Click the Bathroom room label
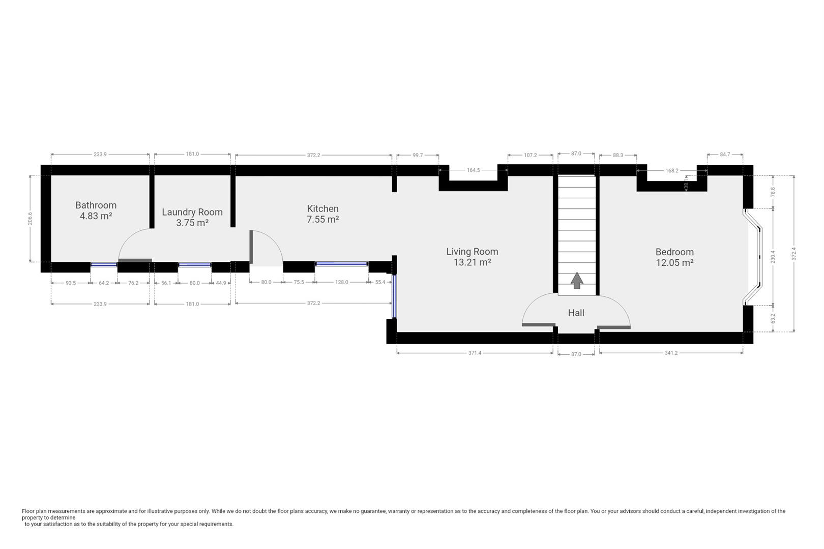coord(96,205)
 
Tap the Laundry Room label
coord(192,212)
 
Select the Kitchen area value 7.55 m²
coord(322,220)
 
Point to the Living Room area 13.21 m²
coord(473,262)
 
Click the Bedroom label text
coord(674,252)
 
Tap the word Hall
coord(576,313)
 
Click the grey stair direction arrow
coord(577,281)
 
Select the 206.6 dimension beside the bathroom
coord(30,219)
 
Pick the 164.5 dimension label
coord(473,170)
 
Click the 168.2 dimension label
coord(672,171)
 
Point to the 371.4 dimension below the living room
coord(475,353)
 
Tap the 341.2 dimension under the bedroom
coord(671,353)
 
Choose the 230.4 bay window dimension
coord(773,257)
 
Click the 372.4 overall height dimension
coord(794,254)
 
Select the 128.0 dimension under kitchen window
coord(341,283)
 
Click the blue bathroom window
coord(104,264)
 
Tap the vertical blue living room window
coord(394,296)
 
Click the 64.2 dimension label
coord(104,283)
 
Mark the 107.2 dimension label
coord(530,156)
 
